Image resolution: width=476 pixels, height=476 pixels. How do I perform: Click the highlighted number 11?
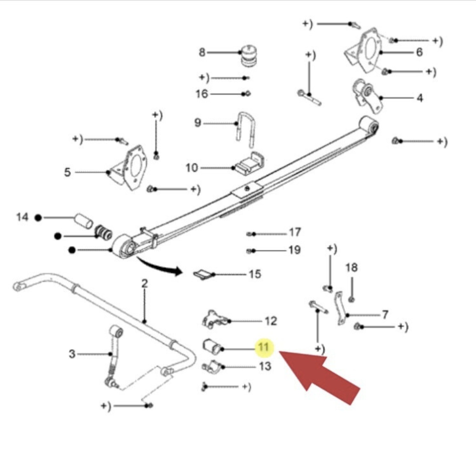pyautogui.click(x=263, y=347)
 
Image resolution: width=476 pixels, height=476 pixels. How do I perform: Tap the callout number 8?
pyautogui.click(x=202, y=52)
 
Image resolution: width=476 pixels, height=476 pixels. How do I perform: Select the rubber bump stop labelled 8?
pyautogui.click(x=248, y=56)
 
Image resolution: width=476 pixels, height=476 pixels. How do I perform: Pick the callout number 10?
pyautogui.click(x=192, y=168)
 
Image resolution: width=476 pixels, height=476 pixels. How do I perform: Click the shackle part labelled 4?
pyautogui.click(x=366, y=96)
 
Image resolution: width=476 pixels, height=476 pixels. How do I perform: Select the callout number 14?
pyautogui.click(x=22, y=217)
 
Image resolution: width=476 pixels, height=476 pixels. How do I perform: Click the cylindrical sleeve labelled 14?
pyautogui.click(x=84, y=221)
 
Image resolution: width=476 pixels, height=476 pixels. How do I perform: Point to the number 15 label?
pyautogui.click(x=255, y=274)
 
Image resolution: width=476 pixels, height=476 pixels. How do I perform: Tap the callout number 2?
pyautogui.click(x=144, y=284)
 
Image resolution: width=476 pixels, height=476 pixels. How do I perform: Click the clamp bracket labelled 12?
pyautogui.click(x=215, y=320)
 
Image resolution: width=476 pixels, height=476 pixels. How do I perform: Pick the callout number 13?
pyautogui.click(x=265, y=366)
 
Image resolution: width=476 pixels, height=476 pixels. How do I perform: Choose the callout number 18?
pyautogui.click(x=351, y=267)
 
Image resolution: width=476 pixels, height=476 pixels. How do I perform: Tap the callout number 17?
pyautogui.click(x=295, y=232)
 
